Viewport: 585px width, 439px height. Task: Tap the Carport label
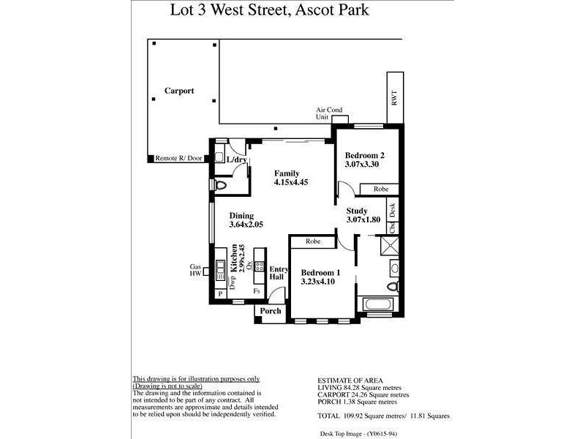(x=179, y=91)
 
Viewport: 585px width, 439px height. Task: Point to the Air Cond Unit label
(x=329, y=113)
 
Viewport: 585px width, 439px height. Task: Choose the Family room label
(x=287, y=173)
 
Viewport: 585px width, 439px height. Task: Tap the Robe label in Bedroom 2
(x=381, y=189)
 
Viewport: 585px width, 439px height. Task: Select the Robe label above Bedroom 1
(x=314, y=241)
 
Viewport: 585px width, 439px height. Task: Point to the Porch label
(x=271, y=311)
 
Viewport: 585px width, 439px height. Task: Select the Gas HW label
(x=196, y=271)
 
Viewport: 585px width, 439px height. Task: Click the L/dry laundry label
(x=237, y=160)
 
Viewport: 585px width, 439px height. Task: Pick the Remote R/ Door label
(x=178, y=158)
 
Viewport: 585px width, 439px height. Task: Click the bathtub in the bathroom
(x=377, y=305)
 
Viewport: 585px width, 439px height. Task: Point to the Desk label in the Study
(x=393, y=211)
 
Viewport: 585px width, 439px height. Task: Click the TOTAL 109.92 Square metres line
(x=384, y=416)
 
